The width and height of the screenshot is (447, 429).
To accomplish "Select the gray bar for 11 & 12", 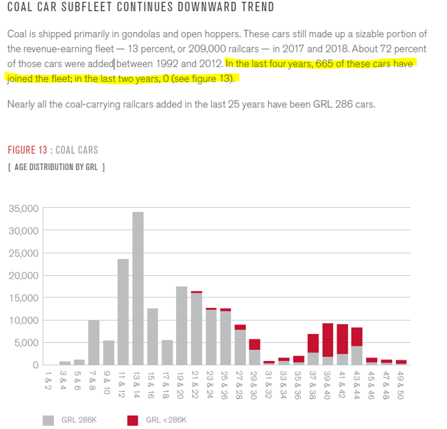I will click(x=123, y=312).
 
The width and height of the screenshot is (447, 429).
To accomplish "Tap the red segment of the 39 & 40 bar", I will click(x=328, y=340).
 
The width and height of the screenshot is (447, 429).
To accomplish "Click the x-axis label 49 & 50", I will click(x=401, y=384).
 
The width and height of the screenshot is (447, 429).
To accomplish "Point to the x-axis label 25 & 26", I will click(x=226, y=384).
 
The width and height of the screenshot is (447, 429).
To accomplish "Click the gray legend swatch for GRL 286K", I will click(x=49, y=420).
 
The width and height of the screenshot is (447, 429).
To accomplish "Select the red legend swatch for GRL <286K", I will click(x=133, y=420).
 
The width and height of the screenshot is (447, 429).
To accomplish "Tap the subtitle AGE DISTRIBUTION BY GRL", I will click(x=58, y=167).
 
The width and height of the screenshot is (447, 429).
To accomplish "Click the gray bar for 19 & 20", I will click(x=182, y=325).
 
